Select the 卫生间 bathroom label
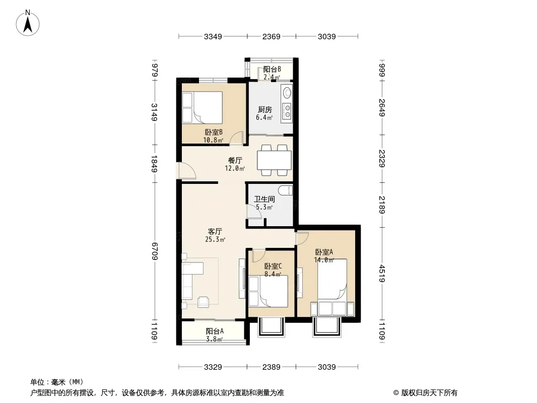point(264,199)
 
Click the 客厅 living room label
point(215,232)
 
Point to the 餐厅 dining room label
point(235,160)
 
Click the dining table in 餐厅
point(274,160)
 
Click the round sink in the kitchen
point(287,93)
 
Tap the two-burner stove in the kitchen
point(287,111)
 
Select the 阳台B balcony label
point(272,70)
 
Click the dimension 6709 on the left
point(155,250)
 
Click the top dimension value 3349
point(214,36)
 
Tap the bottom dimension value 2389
point(271,367)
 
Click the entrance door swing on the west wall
point(186,172)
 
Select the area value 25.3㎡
point(215,240)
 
